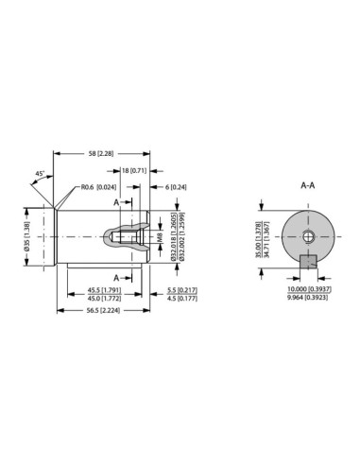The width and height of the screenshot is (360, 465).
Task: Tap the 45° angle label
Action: (x=39, y=174)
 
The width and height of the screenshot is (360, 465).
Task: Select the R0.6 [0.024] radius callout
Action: (x=98, y=187)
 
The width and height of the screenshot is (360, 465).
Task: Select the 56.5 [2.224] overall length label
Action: (x=102, y=310)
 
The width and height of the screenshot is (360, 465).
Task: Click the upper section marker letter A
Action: (x=116, y=202)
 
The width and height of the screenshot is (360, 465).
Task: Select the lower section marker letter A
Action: (x=116, y=277)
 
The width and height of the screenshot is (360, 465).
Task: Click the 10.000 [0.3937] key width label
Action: (x=308, y=289)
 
